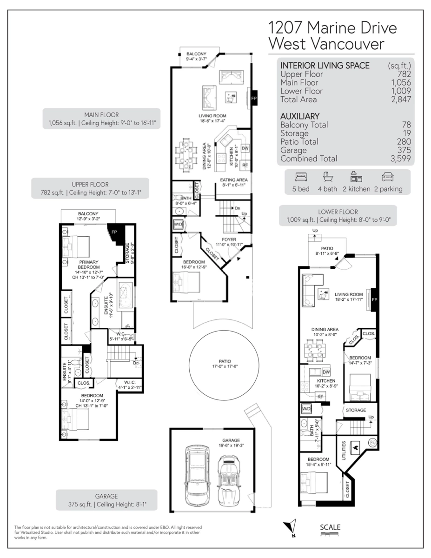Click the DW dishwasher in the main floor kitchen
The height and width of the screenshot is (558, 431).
(x=245, y=148)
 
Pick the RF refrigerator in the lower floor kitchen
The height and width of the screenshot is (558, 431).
(x=320, y=397)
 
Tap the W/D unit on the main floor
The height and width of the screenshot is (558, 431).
(x=178, y=224)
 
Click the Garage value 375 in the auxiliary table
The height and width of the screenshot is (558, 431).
(x=404, y=150)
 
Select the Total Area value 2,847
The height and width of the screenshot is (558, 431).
(x=401, y=100)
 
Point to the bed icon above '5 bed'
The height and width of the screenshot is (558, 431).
(x=301, y=177)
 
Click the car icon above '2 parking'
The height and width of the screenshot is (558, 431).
(x=388, y=177)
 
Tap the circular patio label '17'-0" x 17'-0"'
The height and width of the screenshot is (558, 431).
(x=225, y=366)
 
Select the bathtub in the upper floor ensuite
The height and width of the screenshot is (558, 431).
(x=126, y=296)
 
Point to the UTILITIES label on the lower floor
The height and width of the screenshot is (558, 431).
(x=344, y=451)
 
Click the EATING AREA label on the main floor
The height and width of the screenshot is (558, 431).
(x=234, y=180)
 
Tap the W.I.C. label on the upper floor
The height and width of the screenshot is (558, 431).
(x=130, y=383)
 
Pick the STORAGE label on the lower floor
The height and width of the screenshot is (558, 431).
(x=356, y=410)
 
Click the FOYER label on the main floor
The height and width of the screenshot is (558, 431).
(x=229, y=239)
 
